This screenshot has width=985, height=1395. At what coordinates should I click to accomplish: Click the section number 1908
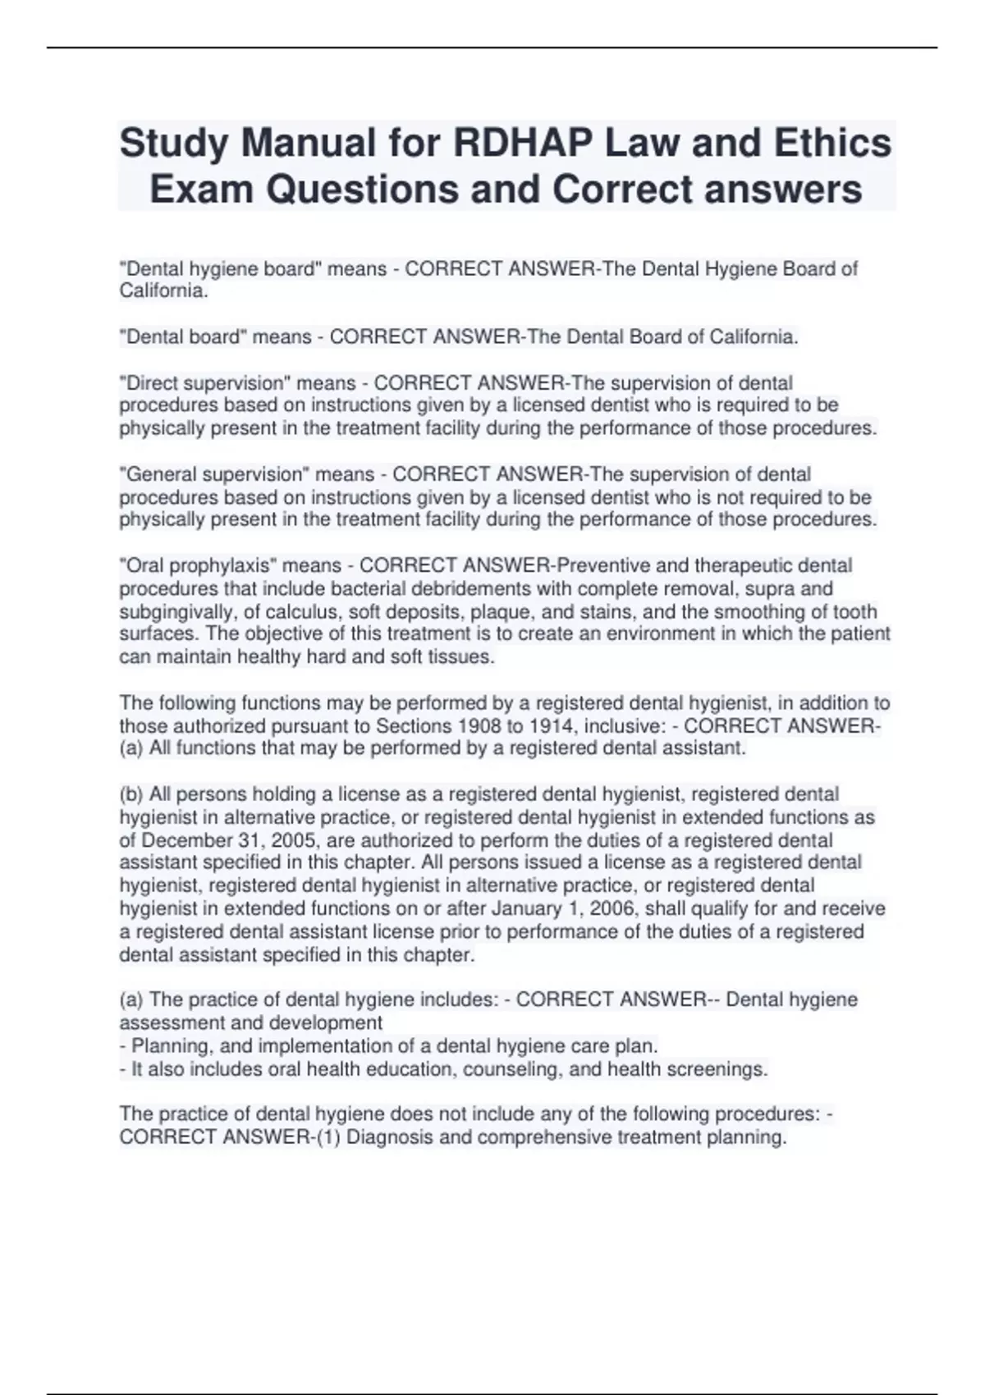465,726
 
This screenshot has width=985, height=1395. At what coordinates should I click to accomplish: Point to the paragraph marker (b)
131,794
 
